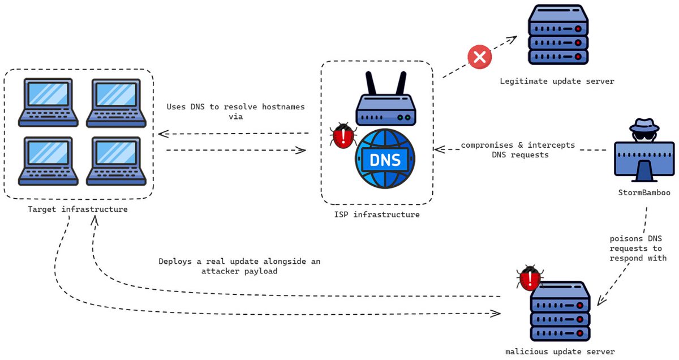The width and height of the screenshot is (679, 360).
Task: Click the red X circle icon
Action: (480, 57)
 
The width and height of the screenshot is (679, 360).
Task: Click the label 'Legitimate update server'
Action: (557, 82)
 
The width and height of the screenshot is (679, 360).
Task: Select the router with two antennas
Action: (385, 102)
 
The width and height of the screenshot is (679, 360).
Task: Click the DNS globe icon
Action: (385, 159)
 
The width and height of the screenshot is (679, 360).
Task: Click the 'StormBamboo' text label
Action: (644, 192)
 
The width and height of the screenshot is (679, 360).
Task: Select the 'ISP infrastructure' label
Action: (376, 215)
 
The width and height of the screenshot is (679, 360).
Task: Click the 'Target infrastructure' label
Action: (78, 209)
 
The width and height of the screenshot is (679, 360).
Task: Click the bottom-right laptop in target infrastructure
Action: (115, 161)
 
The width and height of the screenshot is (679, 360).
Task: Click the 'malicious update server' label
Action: (560, 352)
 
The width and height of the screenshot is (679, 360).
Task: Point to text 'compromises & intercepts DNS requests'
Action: (518, 150)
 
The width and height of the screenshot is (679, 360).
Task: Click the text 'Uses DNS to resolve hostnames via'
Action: (236, 112)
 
